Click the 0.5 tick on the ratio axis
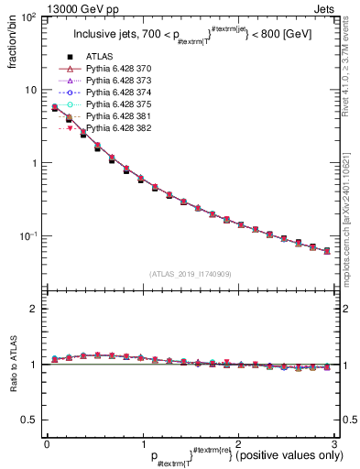click(29, 420)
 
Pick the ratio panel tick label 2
click(34, 310)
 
